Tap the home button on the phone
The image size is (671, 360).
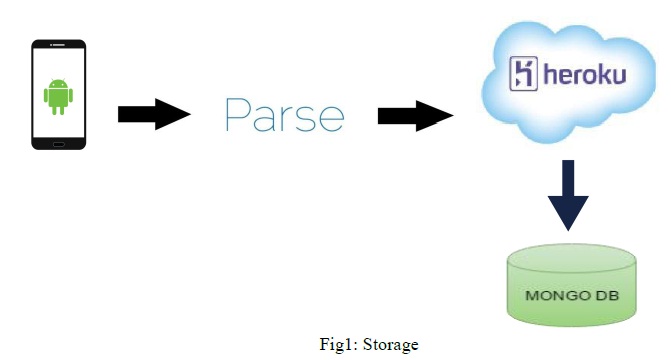[x=59, y=142]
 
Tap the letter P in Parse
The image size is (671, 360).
[x=237, y=115]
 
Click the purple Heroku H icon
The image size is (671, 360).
[x=525, y=74]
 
